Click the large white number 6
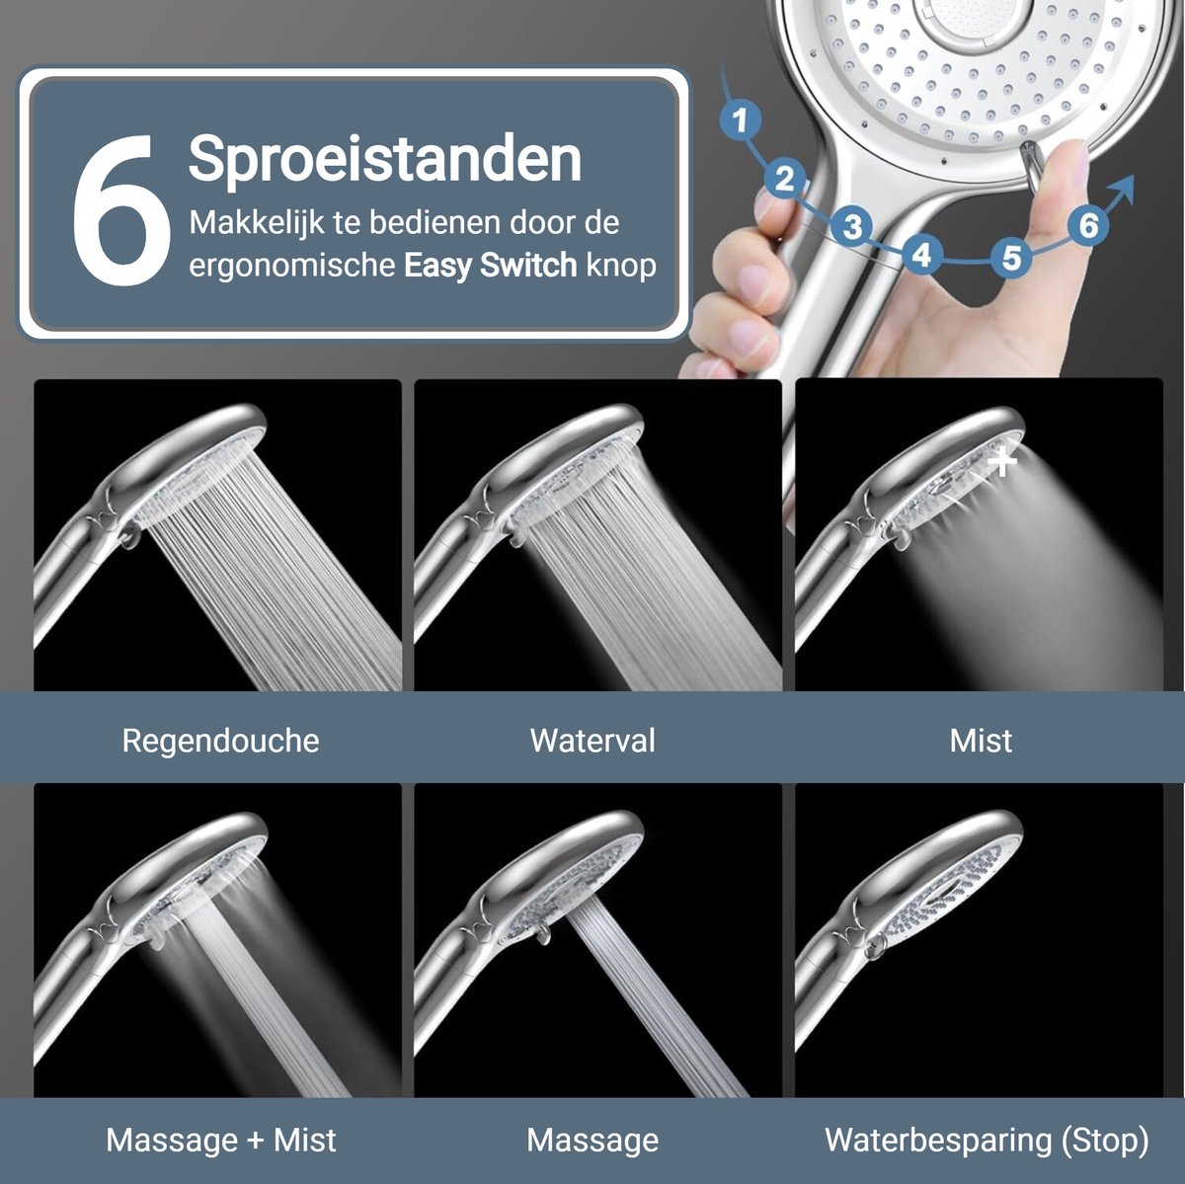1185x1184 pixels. pyautogui.click(x=121, y=209)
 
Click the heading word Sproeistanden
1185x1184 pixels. pyautogui.click(x=385, y=158)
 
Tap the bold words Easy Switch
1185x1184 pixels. pyautogui.click(x=490, y=265)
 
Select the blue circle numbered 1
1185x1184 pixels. pyautogui.click(x=740, y=119)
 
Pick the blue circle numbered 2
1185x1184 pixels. pyautogui.click(x=784, y=179)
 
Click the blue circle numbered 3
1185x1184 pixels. pyautogui.click(x=851, y=226)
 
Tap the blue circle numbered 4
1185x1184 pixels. pyautogui.click(x=921, y=254)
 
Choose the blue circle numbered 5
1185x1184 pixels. pyautogui.click(x=1011, y=257)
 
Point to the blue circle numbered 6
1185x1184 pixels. pyautogui.click(x=1088, y=225)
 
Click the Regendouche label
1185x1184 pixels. pyautogui.click(x=221, y=741)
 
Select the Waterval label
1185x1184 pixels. pyautogui.click(x=592, y=740)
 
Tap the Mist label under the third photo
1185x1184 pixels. pyautogui.click(x=981, y=741)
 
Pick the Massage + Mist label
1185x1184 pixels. pyautogui.click(x=221, y=1140)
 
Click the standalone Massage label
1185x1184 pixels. pyautogui.click(x=592, y=1141)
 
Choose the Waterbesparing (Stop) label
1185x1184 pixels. pyautogui.click(x=987, y=1141)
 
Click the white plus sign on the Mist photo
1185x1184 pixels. pyautogui.click(x=1002, y=462)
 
